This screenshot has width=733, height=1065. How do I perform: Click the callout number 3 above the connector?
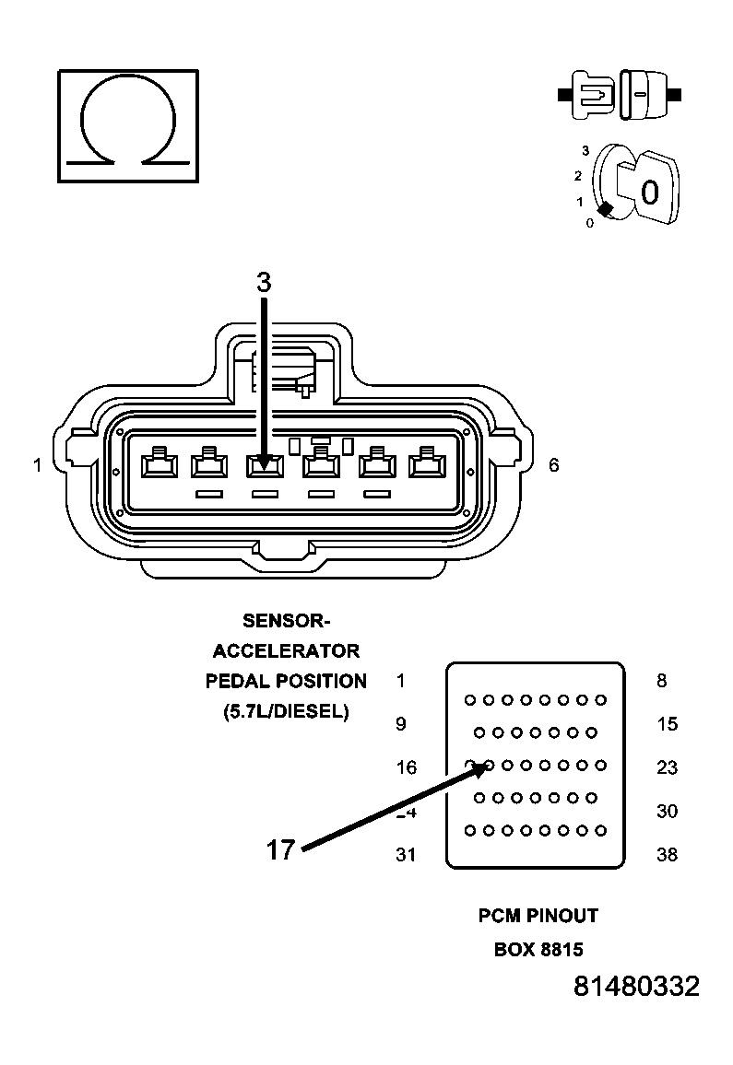(x=264, y=282)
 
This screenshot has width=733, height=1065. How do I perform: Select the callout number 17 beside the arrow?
(x=281, y=849)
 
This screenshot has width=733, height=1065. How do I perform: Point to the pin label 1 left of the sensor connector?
(x=38, y=465)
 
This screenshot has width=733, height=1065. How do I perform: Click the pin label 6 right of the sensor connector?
(x=554, y=465)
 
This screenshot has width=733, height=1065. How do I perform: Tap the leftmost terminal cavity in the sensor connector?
(x=160, y=463)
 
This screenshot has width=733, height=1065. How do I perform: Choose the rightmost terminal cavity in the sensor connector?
(x=427, y=463)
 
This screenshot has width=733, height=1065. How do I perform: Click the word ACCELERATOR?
(x=286, y=651)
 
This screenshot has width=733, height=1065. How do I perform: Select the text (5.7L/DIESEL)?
(x=286, y=712)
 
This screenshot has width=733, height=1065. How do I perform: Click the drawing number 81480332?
(x=636, y=986)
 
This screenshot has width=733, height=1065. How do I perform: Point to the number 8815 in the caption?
(x=561, y=949)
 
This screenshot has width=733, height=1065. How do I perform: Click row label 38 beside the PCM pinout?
(x=667, y=854)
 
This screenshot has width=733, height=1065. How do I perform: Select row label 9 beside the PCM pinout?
(x=401, y=724)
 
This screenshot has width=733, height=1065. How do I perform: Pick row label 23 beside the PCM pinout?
(x=667, y=767)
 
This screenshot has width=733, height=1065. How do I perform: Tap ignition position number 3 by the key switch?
(x=585, y=151)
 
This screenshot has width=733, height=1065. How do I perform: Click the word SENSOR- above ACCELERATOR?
(x=286, y=621)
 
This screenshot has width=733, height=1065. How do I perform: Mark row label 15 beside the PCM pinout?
(x=667, y=724)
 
